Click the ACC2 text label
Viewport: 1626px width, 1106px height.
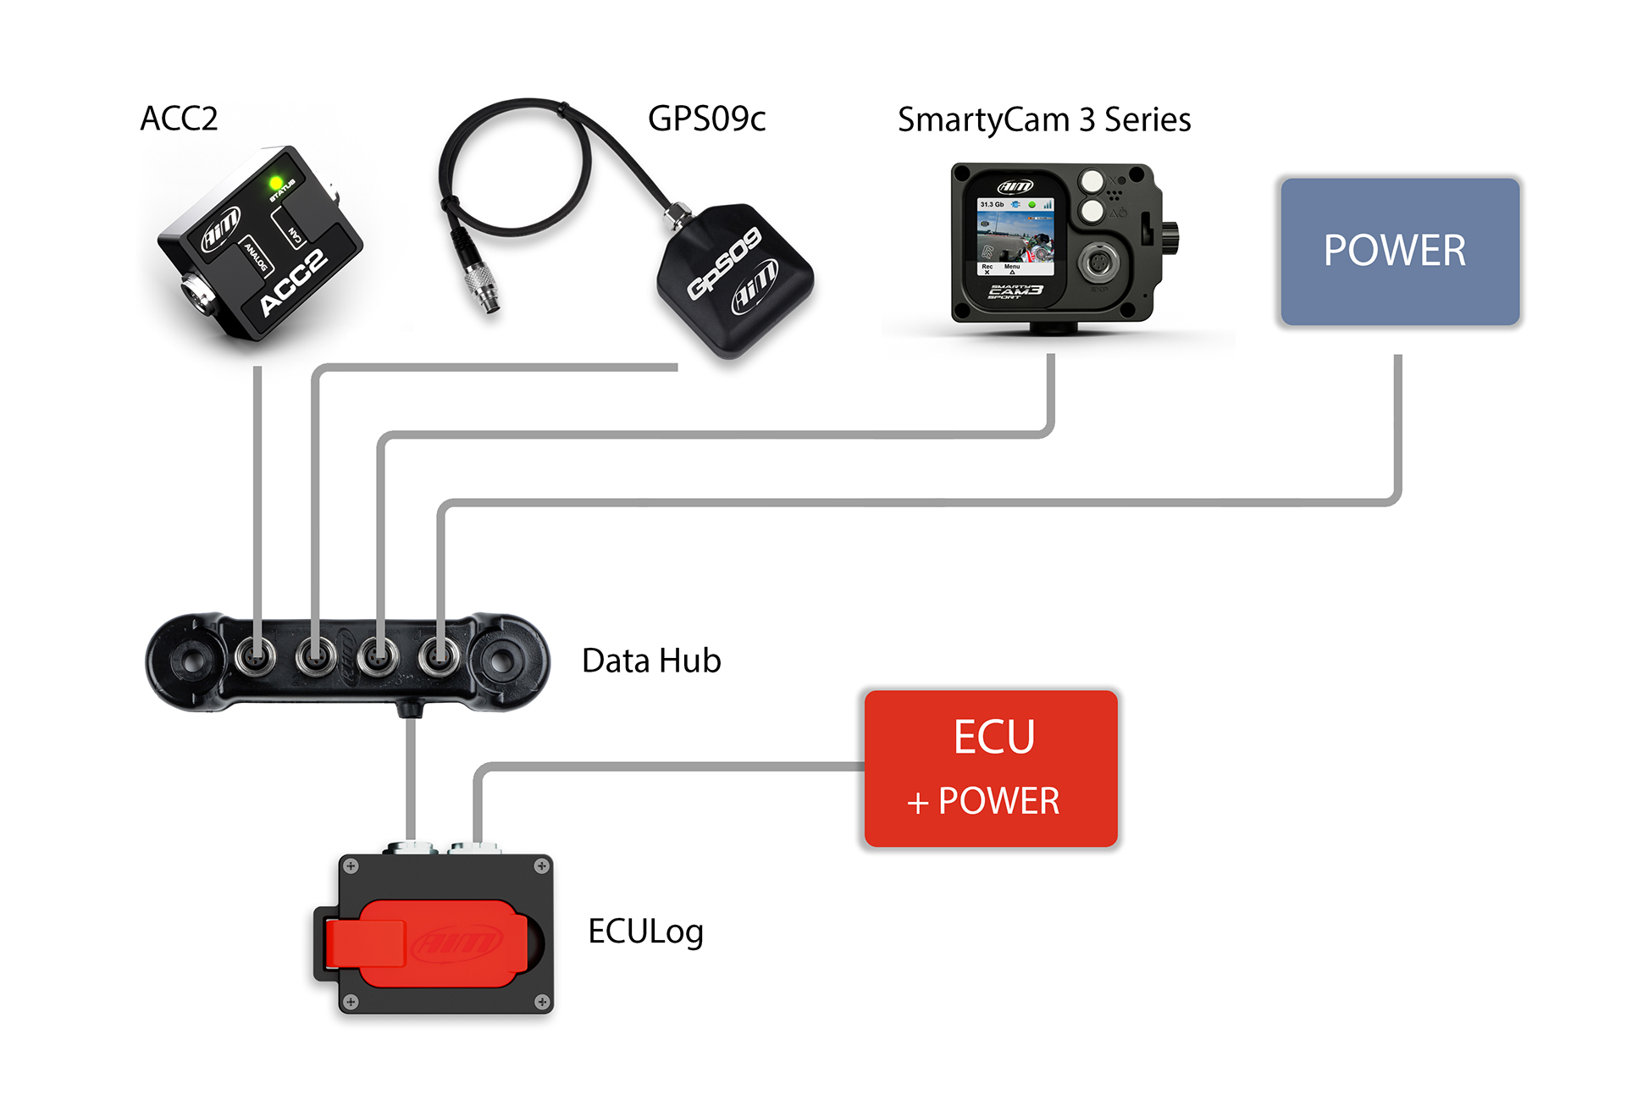(x=179, y=119)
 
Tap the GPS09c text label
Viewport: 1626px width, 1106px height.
(x=706, y=119)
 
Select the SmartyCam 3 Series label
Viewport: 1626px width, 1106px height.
(x=1043, y=119)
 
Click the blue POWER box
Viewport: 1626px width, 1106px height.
(x=1400, y=252)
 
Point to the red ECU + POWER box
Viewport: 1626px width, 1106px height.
(x=991, y=768)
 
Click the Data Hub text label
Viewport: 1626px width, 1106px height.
(x=651, y=661)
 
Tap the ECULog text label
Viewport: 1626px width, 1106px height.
(x=645, y=932)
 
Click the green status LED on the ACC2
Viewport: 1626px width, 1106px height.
(x=276, y=183)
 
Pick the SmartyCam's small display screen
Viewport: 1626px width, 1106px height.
(x=1015, y=236)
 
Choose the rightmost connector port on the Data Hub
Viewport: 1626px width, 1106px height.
(x=440, y=655)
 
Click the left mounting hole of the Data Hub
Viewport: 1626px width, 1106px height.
(x=192, y=659)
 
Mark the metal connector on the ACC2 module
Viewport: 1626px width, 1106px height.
(x=196, y=296)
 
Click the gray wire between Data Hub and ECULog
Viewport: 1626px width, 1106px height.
(x=411, y=779)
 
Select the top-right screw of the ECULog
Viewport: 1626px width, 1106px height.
(x=541, y=866)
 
